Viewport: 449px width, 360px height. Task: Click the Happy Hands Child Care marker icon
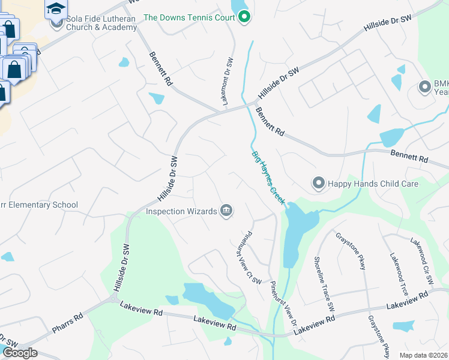click(x=318, y=183)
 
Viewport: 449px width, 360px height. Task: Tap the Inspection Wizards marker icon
click(x=226, y=210)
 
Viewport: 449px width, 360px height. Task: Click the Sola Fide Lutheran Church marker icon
click(x=57, y=23)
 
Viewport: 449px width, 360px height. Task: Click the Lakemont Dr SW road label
click(x=228, y=82)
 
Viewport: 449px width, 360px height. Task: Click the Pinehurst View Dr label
click(x=282, y=304)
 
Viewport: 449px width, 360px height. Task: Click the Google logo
click(x=19, y=353)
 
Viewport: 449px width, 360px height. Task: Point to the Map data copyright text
click(x=423, y=355)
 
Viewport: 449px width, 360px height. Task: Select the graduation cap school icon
click(x=56, y=8)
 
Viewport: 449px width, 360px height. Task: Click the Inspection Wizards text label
click(x=181, y=211)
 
